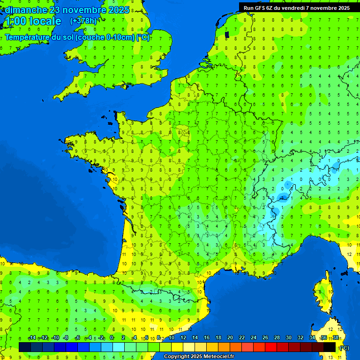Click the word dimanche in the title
tap(26, 10)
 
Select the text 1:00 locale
tap(32, 21)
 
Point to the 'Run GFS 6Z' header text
tap(257, 8)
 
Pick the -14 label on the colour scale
tap(32, 337)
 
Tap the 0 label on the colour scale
tap(112, 337)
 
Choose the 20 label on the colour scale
tap(230, 337)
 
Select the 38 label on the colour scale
tap(335, 337)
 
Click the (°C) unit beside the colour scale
tap(344, 347)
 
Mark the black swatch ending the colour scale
tap(330, 347)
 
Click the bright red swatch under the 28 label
tap(271, 347)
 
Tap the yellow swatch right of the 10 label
tap(177, 347)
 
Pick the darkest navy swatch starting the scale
tap(25, 347)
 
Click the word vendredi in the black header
tap(291, 8)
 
